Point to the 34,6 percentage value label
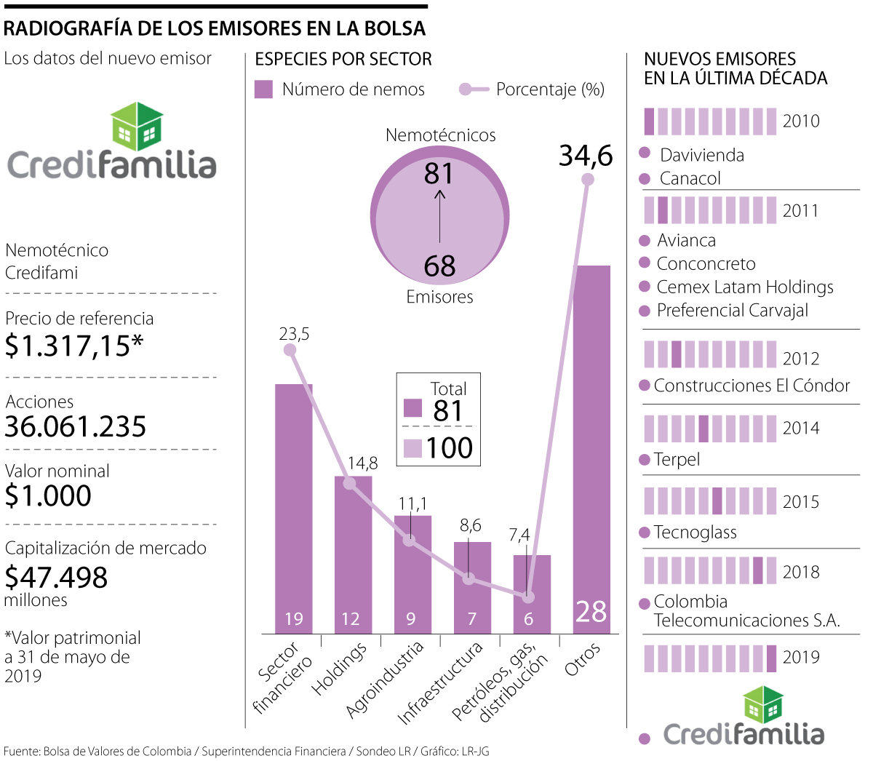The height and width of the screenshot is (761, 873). tap(586, 156)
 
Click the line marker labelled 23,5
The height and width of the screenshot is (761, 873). tap(290, 350)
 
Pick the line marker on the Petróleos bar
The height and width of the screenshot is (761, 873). tap(529, 597)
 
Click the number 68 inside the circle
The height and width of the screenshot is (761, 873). tap(439, 266)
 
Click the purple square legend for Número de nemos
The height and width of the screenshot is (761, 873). tap(263, 89)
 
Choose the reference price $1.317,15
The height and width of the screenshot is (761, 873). tap(73, 346)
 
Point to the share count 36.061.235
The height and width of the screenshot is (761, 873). tap(76, 426)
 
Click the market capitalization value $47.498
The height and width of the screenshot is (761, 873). tap(56, 577)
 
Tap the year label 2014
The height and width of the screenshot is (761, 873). tap(801, 429)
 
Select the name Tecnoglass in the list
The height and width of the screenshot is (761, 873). tap(695, 533)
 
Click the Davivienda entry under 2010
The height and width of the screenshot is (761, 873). tap(701, 155)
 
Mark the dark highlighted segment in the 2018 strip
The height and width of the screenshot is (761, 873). tap(757, 570)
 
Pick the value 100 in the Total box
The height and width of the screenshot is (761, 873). tap(450, 447)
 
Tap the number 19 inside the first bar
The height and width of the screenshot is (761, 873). tap(293, 618)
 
